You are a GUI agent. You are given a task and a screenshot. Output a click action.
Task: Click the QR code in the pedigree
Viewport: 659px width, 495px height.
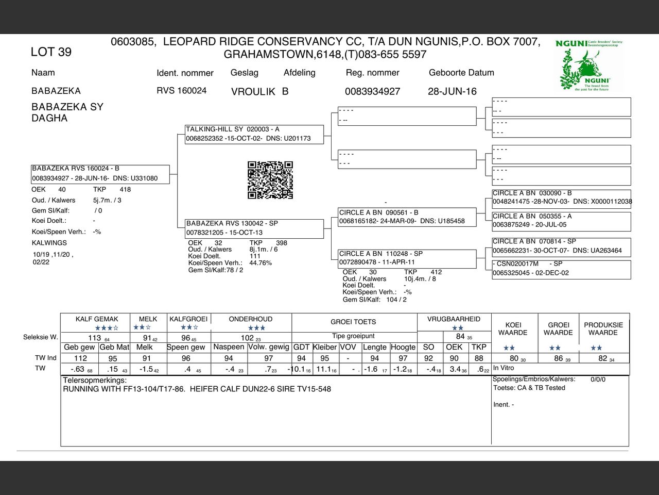(x=270, y=180)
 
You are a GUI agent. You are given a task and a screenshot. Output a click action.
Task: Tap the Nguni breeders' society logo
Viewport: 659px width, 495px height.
(x=589, y=65)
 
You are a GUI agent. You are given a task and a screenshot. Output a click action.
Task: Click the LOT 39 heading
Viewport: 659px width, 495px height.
(x=51, y=52)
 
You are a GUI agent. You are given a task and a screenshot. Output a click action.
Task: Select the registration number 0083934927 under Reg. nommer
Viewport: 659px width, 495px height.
(x=372, y=91)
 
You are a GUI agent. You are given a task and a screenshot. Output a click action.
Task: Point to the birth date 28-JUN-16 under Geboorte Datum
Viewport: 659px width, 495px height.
(x=452, y=91)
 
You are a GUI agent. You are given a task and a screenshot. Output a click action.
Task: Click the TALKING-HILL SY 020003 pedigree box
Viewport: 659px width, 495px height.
(x=254, y=134)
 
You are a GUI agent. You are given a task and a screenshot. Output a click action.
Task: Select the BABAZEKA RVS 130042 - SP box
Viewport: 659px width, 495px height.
(x=254, y=228)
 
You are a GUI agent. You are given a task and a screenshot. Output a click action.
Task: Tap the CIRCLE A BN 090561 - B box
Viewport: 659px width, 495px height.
(x=407, y=217)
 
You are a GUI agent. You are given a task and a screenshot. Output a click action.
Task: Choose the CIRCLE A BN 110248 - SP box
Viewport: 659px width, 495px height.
(x=407, y=258)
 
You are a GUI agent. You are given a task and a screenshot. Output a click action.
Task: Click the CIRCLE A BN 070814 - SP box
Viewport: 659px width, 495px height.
(x=561, y=246)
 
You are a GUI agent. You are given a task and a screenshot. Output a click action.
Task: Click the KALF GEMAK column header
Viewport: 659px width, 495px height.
(x=97, y=319)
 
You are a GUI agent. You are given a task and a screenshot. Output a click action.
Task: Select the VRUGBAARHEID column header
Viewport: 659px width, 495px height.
(x=454, y=319)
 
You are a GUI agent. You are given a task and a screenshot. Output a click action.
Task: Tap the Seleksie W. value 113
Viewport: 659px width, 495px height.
(x=95, y=338)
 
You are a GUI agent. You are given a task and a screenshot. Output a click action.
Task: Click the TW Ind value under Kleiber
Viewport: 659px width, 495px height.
(x=324, y=358)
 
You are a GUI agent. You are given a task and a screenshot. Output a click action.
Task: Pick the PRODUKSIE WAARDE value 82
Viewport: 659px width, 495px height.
(x=603, y=358)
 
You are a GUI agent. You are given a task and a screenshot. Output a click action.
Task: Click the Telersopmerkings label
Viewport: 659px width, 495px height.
(x=95, y=381)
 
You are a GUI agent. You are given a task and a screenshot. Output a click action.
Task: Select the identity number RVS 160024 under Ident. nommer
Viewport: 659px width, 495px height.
(x=181, y=91)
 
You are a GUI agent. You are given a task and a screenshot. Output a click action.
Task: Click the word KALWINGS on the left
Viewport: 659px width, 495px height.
(x=49, y=243)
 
